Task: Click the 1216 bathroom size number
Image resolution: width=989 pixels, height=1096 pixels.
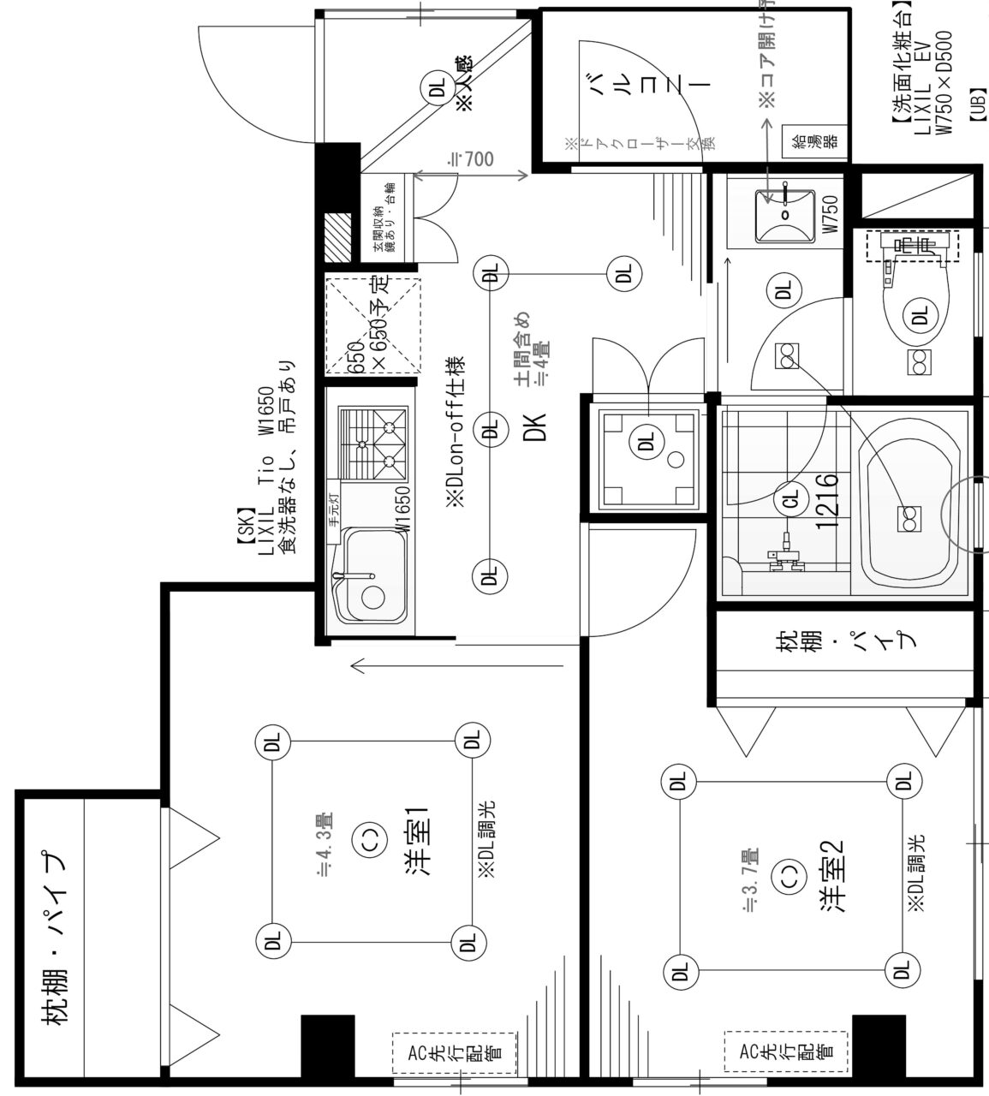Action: pyautogui.click(x=826, y=500)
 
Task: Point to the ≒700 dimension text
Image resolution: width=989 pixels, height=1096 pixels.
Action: pyautogui.click(x=472, y=159)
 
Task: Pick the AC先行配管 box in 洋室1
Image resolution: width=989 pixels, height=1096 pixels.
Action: pyautogui.click(x=455, y=1053)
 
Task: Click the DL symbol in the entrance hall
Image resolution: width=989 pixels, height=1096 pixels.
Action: pyautogui.click(x=436, y=88)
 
